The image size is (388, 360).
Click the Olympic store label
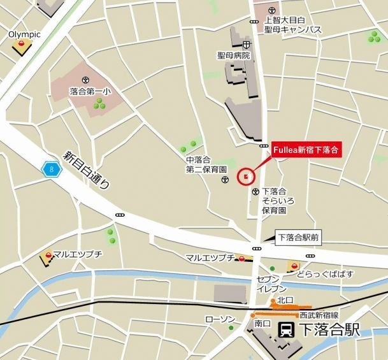click(x=25, y=34)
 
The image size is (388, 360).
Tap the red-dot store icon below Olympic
click(x=23, y=45)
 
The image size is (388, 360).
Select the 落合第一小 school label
click(x=90, y=92)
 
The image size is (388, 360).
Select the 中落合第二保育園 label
click(x=206, y=166)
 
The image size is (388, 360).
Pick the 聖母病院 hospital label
click(x=234, y=56)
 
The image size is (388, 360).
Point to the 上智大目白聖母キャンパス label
click(x=292, y=25)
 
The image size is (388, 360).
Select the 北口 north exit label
click(x=284, y=300)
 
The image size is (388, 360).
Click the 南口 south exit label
click(x=262, y=324)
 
